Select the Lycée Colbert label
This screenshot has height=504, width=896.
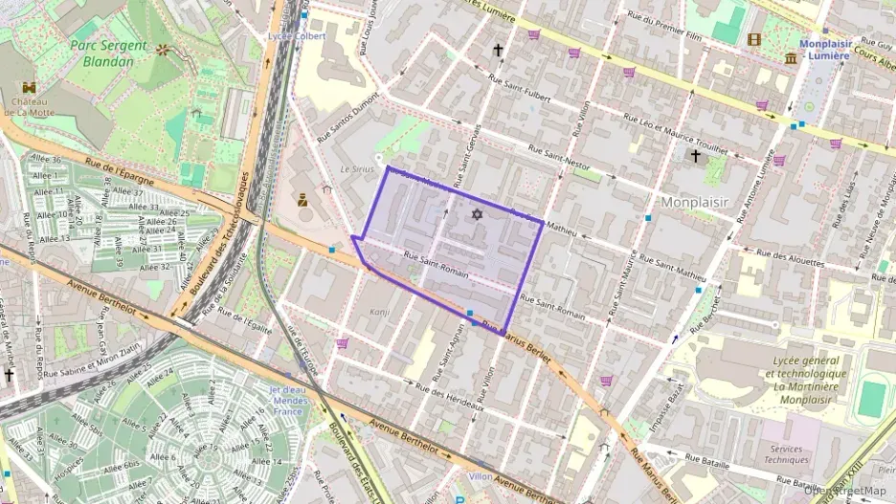click(298, 36)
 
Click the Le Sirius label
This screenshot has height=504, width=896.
click(355, 168)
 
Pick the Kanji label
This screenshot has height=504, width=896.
click(381, 312)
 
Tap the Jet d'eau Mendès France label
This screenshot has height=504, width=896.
click(289, 400)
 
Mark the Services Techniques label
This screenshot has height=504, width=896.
click(786, 454)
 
